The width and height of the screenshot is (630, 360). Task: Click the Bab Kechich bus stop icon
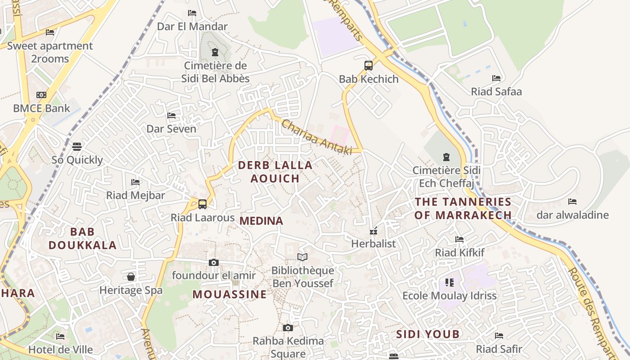(x=369, y=66)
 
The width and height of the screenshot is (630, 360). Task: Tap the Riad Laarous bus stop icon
(x=202, y=204)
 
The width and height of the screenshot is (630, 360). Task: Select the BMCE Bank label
(x=41, y=108)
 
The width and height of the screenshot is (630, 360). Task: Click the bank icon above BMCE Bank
(x=41, y=95)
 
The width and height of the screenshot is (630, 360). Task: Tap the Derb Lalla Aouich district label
(x=275, y=172)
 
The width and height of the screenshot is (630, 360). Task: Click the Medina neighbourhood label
(x=261, y=221)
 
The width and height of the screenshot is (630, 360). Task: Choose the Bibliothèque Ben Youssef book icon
(x=302, y=257)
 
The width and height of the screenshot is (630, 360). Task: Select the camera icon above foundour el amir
(x=214, y=262)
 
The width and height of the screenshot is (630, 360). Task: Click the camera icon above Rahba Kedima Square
(x=288, y=328)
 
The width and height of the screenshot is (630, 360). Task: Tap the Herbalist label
(x=373, y=244)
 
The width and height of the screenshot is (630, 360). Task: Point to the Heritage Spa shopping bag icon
(x=131, y=276)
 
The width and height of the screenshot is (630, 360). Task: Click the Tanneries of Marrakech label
(x=463, y=208)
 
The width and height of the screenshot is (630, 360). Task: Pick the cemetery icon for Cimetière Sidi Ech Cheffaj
(x=446, y=157)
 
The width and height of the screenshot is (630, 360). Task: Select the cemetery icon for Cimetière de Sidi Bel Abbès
(x=215, y=52)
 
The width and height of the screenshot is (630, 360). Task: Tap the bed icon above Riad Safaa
(x=496, y=78)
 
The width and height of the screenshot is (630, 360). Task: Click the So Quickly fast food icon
(x=77, y=147)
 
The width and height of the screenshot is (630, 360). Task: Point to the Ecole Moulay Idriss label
(x=449, y=296)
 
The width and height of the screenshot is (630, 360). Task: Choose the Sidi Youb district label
(x=428, y=334)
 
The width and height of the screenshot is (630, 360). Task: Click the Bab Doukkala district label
(x=83, y=238)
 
